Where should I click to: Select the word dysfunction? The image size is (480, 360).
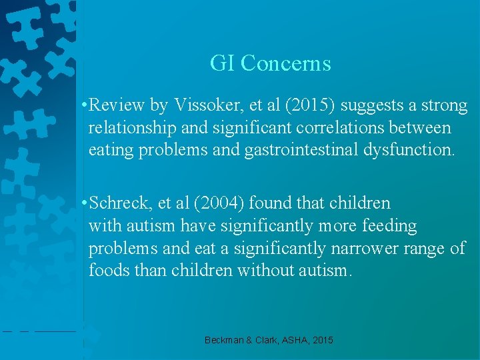(409, 149)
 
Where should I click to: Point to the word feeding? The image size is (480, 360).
(389, 226)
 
